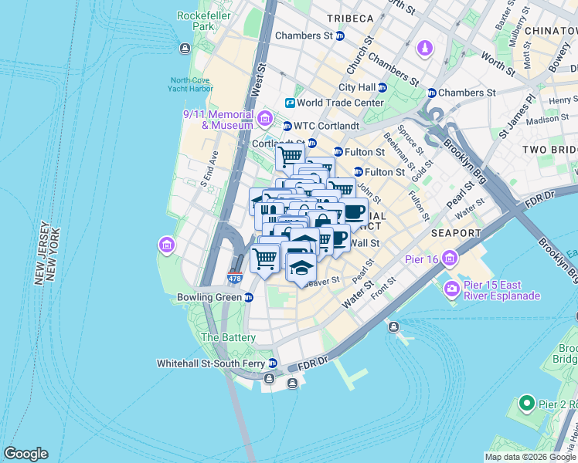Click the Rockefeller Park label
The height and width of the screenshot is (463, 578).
tap(195, 21)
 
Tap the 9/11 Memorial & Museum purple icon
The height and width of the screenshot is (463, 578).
tap(265, 117)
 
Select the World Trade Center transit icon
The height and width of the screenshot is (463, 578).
tap(290, 103)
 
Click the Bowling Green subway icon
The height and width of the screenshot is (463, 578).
tap(250, 297)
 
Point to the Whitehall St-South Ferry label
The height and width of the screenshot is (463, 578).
tap(211, 363)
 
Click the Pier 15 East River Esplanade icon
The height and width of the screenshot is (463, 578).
tap(452, 289)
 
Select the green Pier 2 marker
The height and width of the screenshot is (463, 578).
tap(527, 404)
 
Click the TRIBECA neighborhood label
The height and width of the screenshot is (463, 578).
tap(350, 18)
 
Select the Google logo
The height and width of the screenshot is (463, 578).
tap(25, 454)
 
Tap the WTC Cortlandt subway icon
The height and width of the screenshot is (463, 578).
tap(287, 126)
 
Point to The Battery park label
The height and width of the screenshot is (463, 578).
tap(228, 337)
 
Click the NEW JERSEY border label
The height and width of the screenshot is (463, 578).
tap(39, 252)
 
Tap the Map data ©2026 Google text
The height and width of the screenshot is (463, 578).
tap(529, 457)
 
